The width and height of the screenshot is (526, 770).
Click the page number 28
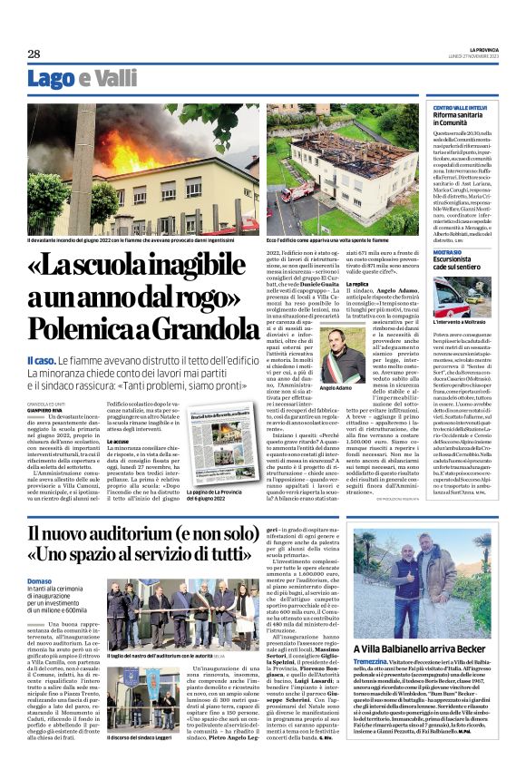(x=34, y=54)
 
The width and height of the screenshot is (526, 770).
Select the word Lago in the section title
(x=51, y=79)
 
